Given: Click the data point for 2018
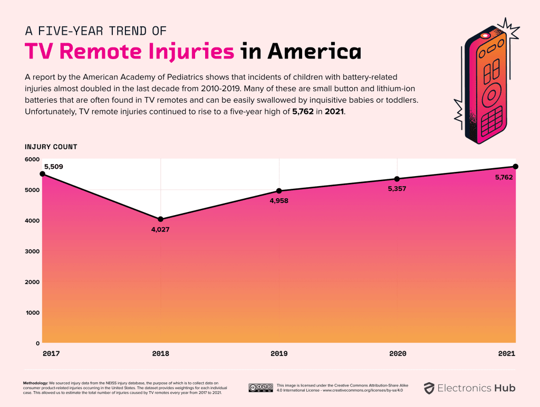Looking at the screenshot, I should click(x=160, y=219).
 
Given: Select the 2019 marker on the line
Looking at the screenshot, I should click(x=279, y=191).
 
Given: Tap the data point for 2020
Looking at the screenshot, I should click(x=397, y=179).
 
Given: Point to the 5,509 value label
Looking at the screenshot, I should click(x=53, y=167).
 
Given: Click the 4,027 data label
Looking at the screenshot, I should click(x=160, y=229).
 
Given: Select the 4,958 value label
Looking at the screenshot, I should click(x=279, y=201).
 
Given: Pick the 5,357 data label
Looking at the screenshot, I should click(x=397, y=189).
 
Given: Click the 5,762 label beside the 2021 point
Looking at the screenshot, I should click(x=504, y=177).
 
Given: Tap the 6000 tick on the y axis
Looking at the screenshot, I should click(x=32, y=159).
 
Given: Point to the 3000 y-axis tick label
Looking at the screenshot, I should click(x=32, y=251).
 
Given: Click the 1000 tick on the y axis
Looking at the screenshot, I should click(x=32, y=313).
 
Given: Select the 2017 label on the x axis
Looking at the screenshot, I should click(x=51, y=353).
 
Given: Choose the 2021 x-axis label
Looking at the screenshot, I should click(x=507, y=353).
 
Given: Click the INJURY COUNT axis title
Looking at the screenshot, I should click(x=51, y=147).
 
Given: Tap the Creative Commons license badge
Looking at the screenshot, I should click(x=261, y=388).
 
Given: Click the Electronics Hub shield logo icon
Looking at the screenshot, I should click(x=429, y=389).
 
